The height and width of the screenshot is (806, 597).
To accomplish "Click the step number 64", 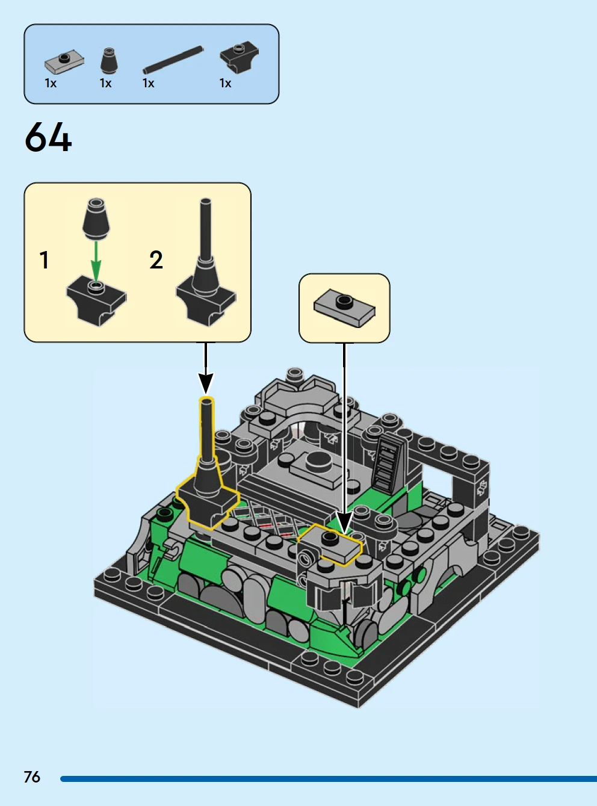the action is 48,137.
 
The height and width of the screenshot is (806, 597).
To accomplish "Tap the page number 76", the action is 32,777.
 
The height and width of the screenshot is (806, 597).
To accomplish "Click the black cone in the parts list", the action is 109,61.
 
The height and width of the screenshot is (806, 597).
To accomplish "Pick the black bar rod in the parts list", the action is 173,60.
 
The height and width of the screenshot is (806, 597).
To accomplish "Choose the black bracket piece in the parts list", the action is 240,57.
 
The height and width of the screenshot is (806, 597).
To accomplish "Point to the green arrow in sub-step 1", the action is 96,261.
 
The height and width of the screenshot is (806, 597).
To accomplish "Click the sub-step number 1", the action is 45,260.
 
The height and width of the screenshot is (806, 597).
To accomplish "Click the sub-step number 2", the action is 156,260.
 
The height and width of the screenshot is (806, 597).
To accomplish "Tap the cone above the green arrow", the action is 96,219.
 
